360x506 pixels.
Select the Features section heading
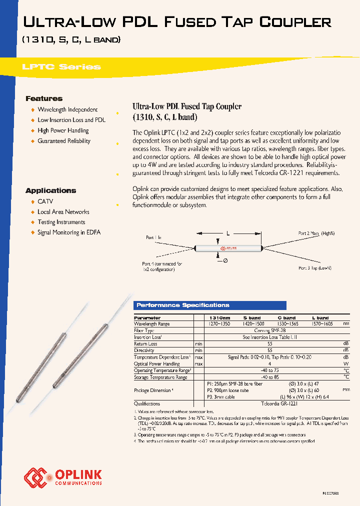click(44, 98)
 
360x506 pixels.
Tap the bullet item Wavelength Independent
click(67, 109)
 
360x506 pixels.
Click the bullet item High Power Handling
click(63, 130)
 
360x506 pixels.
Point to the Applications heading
click(50, 190)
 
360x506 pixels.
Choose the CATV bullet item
click(45, 201)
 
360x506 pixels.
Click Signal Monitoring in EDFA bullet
click(68, 232)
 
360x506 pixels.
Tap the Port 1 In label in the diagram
click(153, 237)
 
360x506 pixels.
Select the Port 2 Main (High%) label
click(316, 233)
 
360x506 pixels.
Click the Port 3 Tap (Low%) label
click(316, 268)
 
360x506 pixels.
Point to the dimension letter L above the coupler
click(227, 233)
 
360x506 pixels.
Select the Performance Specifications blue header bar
click(209, 305)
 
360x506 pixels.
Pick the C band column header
click(286, 318)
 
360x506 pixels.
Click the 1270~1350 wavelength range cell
click(219, 324)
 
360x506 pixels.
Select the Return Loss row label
click(145, 344)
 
